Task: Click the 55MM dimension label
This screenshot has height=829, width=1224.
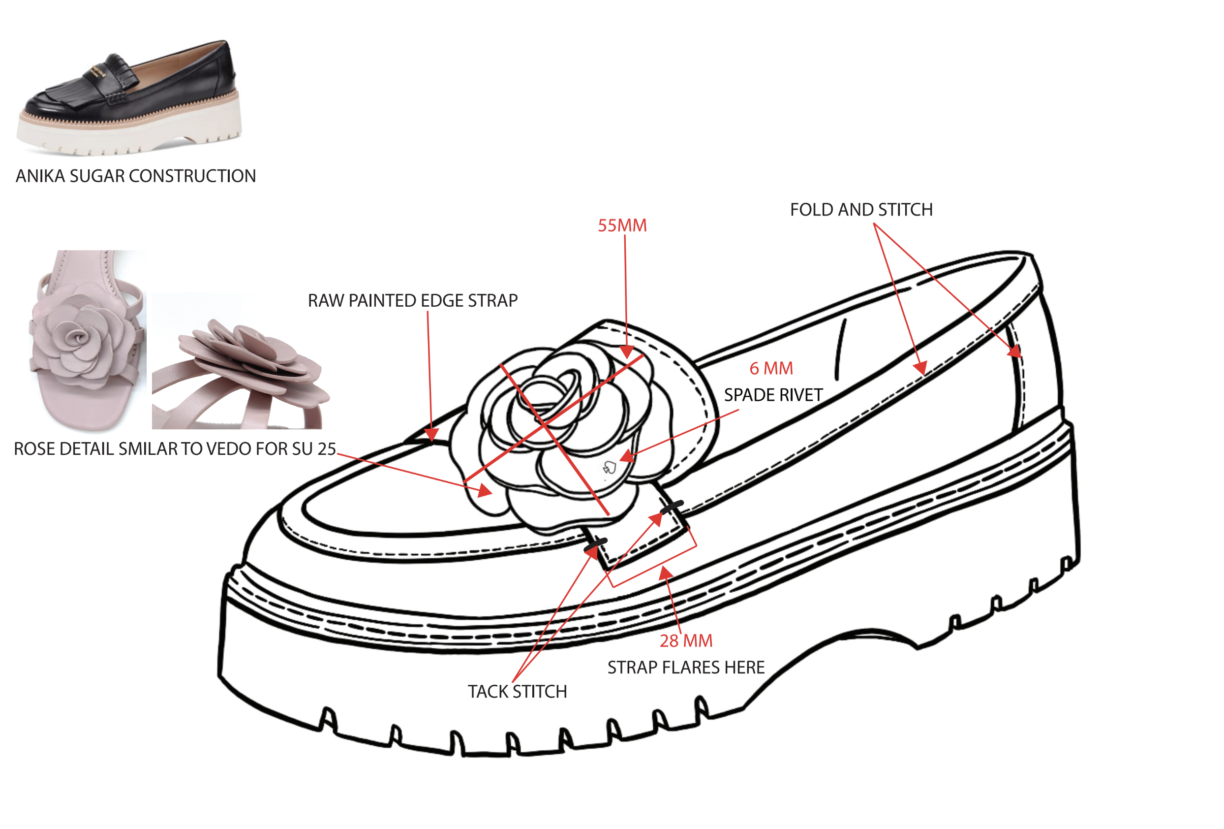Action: coord(621,225)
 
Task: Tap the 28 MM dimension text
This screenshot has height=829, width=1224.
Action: coord(686,641)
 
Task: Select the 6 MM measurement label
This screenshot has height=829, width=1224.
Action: coord(771,368)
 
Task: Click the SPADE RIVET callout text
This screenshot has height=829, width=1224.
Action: coord(773,395)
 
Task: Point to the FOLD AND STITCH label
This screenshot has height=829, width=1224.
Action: coord(861,210)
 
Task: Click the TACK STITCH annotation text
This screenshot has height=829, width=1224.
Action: coord(517,692)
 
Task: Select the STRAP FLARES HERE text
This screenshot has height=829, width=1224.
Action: coord(686,668)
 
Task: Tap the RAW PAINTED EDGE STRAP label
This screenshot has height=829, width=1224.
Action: coord(412,301)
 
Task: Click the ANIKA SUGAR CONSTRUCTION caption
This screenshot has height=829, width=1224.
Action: coord(136,176)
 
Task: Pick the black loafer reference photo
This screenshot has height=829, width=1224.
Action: coord(129,97)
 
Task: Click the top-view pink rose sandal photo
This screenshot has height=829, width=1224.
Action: coord(87,340)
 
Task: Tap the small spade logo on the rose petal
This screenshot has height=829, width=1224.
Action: coord(610,467)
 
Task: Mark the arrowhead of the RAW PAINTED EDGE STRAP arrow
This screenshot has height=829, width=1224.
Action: coord(431,435)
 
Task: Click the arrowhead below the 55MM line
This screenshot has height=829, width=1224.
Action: coord(627,352)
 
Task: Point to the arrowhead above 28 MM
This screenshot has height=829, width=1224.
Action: coord(665,573)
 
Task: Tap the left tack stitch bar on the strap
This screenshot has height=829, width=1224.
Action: coord(596,544)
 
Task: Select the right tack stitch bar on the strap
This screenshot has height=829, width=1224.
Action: coord(672,507)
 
